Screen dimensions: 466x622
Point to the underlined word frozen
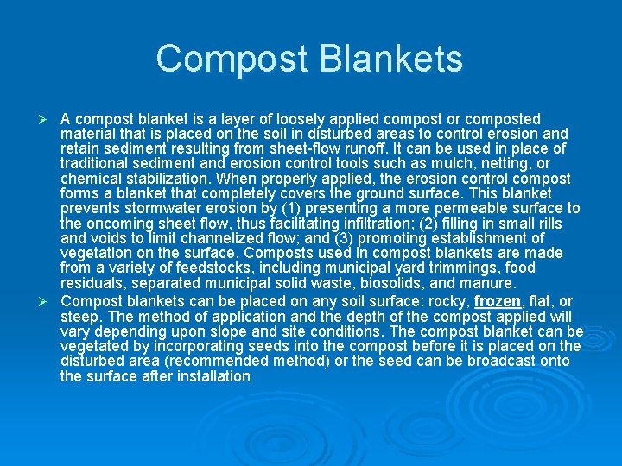click(x=498, y=301)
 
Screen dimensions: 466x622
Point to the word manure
click(x=489, y=283)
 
